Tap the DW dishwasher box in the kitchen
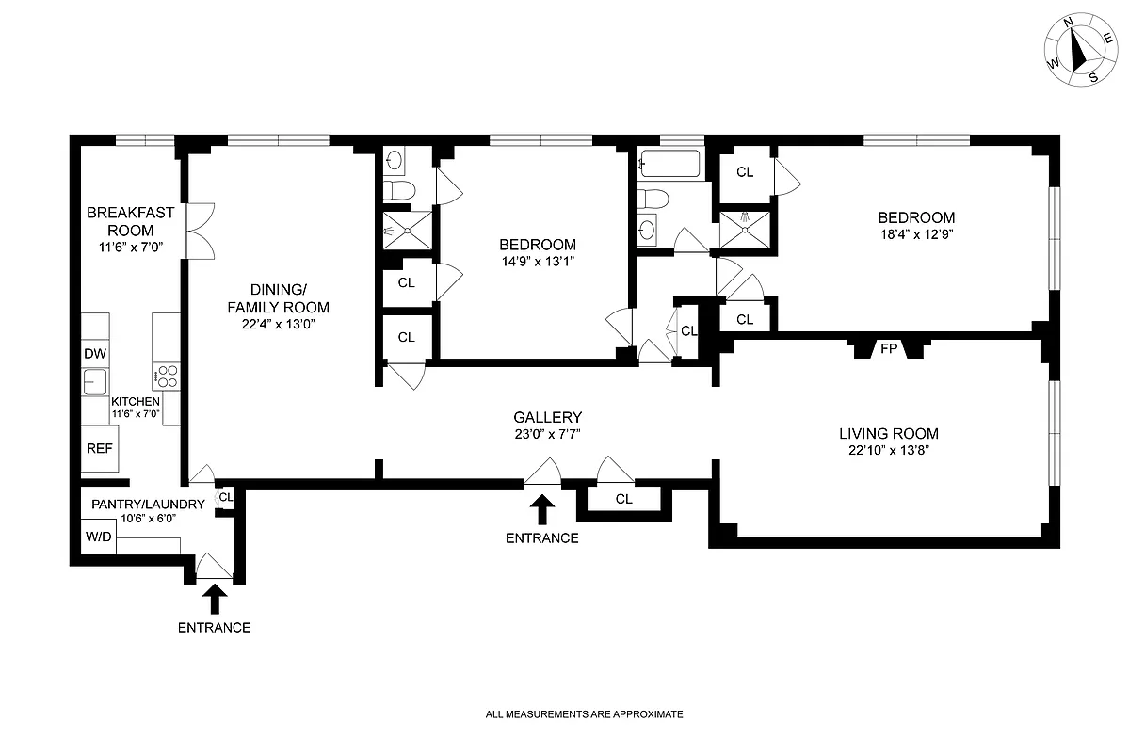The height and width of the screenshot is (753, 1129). click(95, 354)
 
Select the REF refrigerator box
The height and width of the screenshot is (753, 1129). click(99, 448)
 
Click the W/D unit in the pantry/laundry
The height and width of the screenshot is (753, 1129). click(97, 537)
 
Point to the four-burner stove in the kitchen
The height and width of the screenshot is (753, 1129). click(167, 376)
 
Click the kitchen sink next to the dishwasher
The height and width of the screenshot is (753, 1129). click(95, 382)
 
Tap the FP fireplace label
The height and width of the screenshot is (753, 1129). click(888, 348)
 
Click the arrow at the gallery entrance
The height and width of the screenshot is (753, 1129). click(541, 509)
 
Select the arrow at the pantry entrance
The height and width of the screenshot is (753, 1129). click(215, 599)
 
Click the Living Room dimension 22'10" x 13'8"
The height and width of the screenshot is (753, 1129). click(889, 451)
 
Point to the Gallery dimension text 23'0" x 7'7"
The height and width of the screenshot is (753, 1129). click(547, 434)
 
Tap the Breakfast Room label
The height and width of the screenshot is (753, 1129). click(130, 221)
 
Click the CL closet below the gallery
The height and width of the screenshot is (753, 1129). click(623, 499)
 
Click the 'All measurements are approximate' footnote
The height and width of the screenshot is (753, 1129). click(584, 714)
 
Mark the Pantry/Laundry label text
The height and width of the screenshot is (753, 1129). click(148, 504)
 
